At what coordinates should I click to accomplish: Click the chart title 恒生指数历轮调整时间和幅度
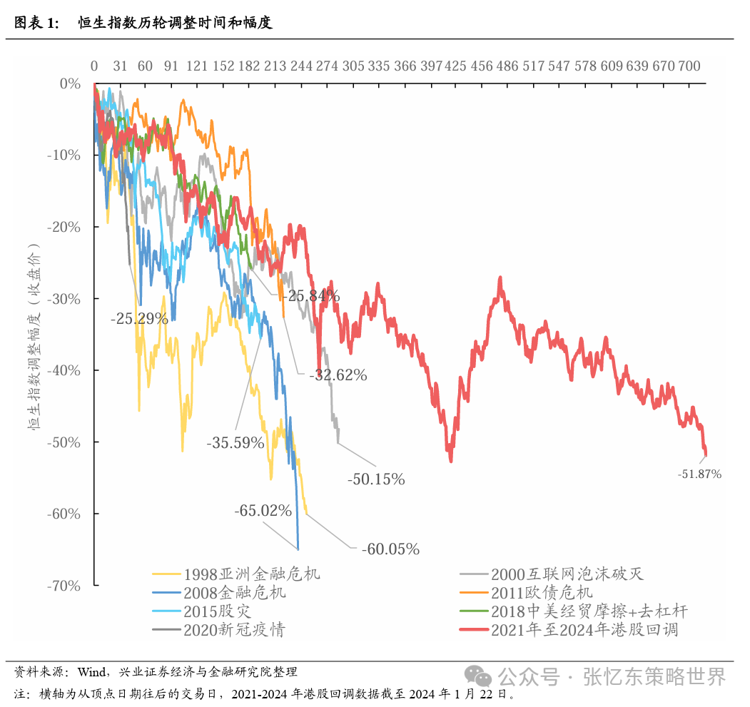click(x=175, y=23)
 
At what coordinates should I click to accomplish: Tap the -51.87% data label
click(x=699, y=474)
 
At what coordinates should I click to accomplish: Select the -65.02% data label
click(x=263, y=511)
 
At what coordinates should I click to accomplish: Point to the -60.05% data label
click(x=390, y=549)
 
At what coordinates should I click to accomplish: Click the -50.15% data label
click(x=376, y=479)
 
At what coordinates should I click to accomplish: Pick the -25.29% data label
click(x=139, y=318)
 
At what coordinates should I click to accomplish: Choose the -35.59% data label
click(x=235, y=442)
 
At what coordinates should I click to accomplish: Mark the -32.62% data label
click(x=338, y=375)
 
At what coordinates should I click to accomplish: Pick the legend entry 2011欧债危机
click(x=542, y=592)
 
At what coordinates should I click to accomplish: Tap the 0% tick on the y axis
click(x=71, y=83)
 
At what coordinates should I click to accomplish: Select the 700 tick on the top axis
click(x=689, y=66)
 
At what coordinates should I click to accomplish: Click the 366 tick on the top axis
click(x=405, y=66)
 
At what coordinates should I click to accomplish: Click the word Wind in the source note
click(x=91, y=671)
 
